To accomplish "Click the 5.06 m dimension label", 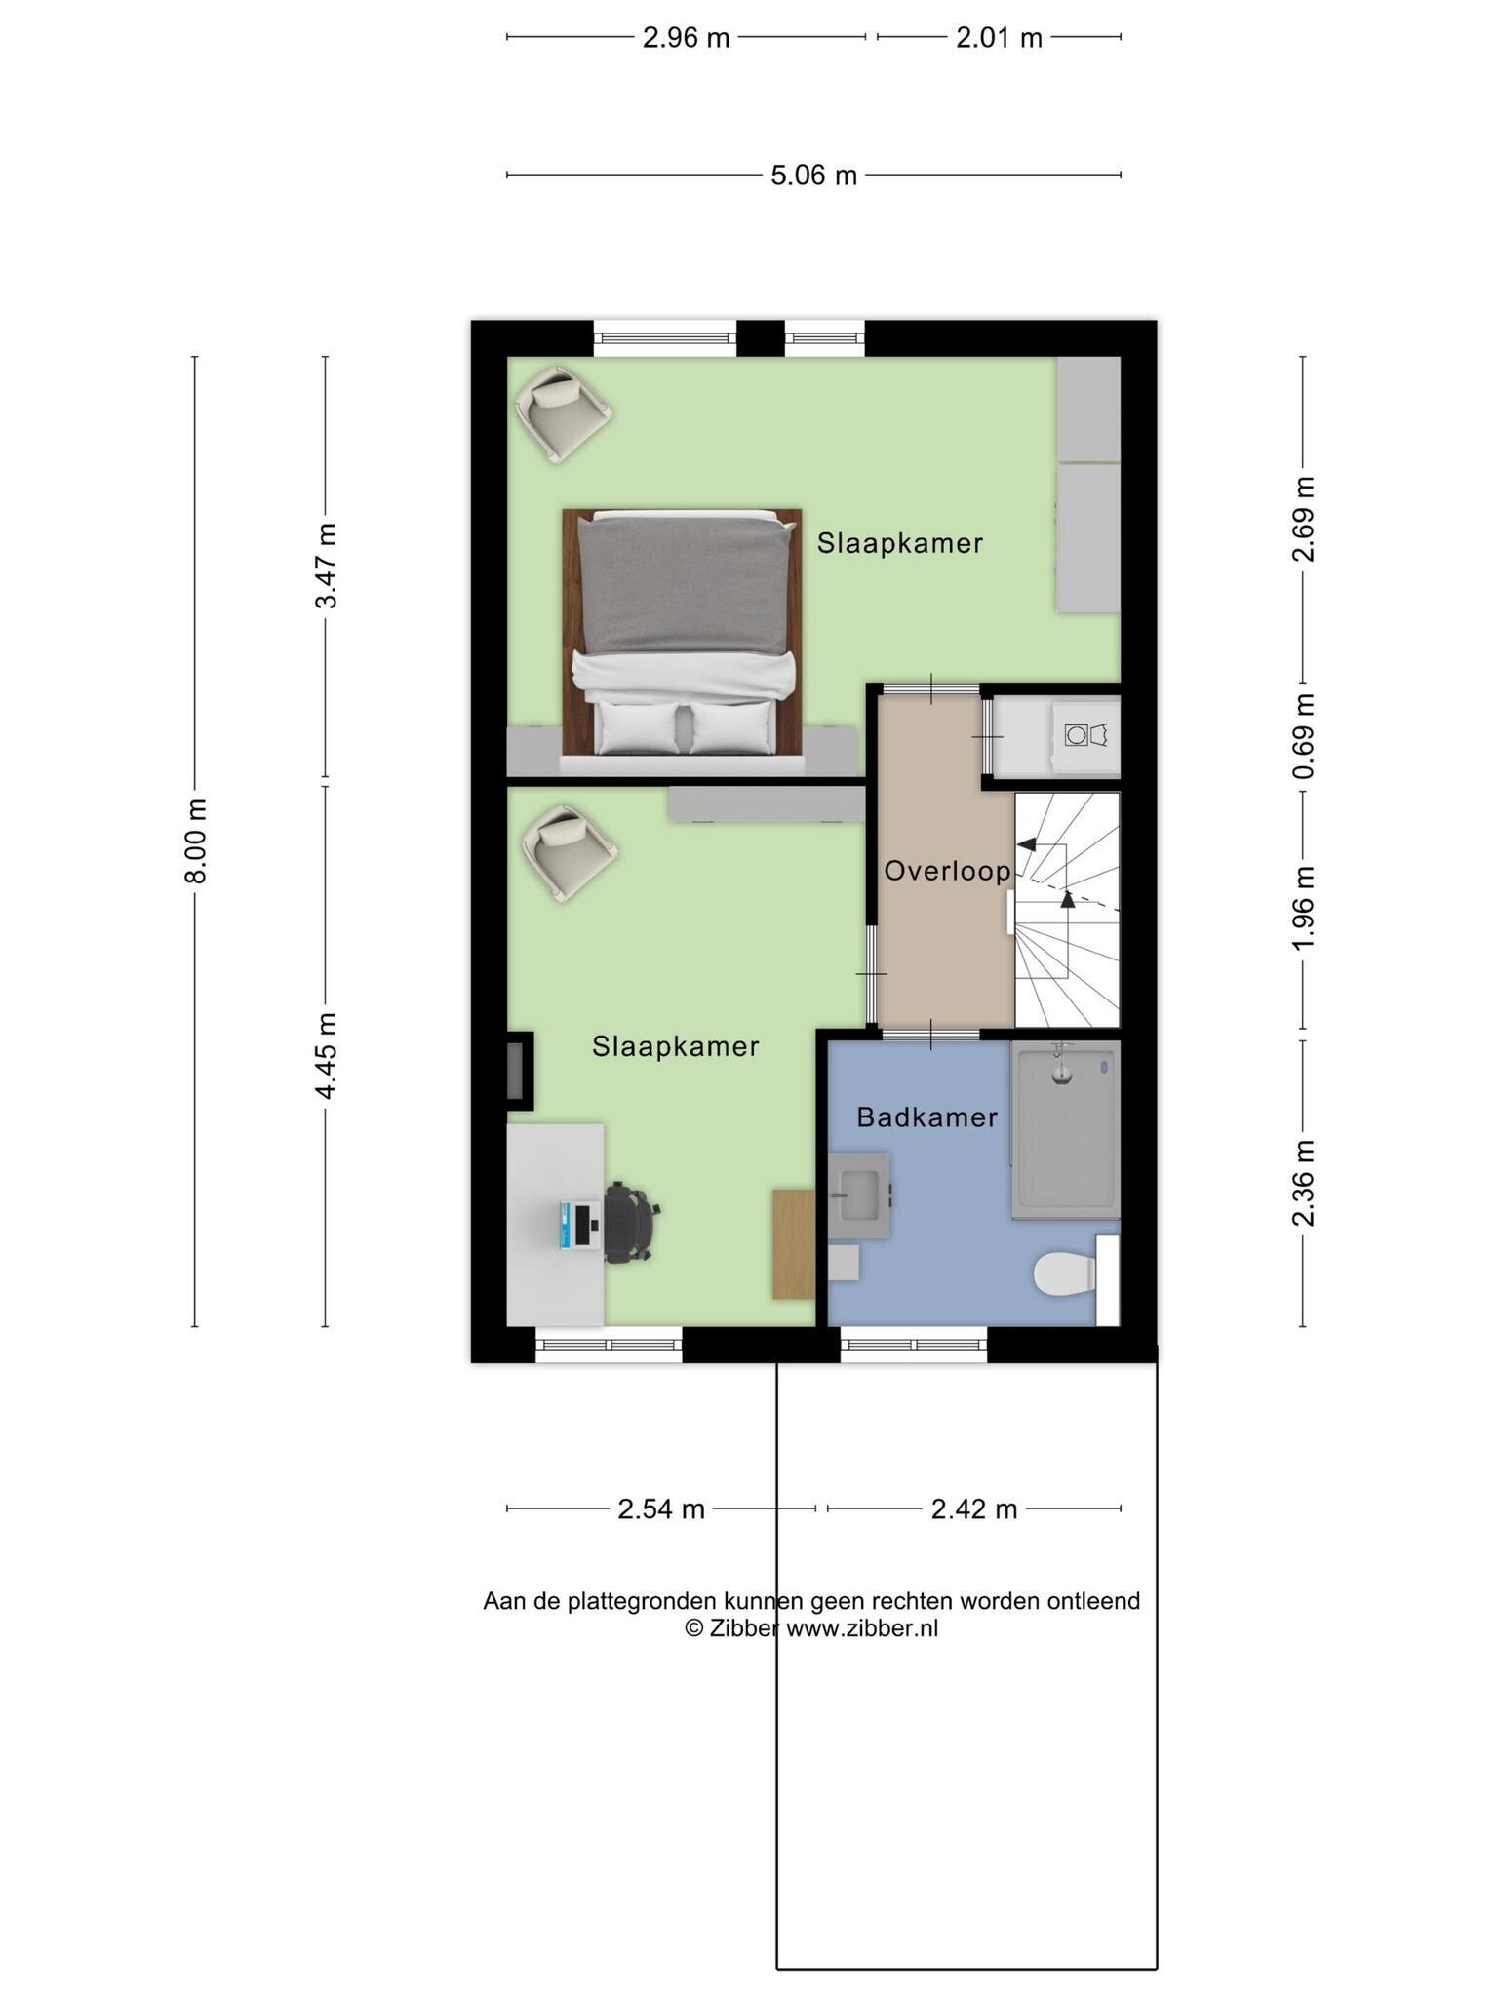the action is [x=813, y=176].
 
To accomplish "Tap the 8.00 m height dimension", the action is [x=196, y=840].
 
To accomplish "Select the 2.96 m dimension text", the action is [x=686, y=38].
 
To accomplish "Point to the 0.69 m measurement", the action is [x=1304, y=736].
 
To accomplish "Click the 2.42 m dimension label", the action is [x=974, y=1509].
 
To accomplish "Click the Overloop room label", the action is [x=947, y=871].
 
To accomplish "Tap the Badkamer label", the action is [x=926, y=1117].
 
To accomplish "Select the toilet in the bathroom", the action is [x=1065, y=1275].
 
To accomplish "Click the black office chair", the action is [x=630, y=1223].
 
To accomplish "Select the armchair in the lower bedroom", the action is [x=569, y=851].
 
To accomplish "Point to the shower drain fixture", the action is [x=1061, y=1066].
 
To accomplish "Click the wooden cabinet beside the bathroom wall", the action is [x=794, y=1244].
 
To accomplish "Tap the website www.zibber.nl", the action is [x=862, y=1627].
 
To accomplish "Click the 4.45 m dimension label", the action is [x=327, y=1056].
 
